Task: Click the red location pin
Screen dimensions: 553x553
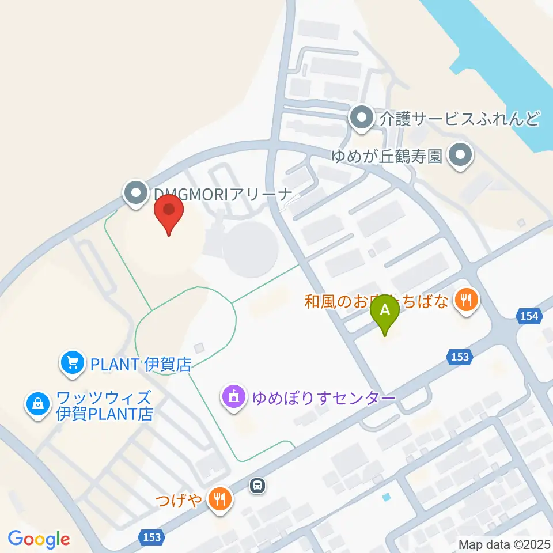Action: click(x=169, y=213)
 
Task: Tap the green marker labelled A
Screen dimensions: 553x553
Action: click(x=386, y=313)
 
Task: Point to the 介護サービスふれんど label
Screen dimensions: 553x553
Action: click(x=460, y=119)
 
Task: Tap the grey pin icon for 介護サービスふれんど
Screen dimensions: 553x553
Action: click(x=362, y=119)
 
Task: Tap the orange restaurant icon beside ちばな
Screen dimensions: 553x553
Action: click(x=467, y=300)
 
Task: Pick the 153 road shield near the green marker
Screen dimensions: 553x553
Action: click(x=460, y=357)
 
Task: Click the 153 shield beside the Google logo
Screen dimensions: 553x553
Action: click(x=151, y=536)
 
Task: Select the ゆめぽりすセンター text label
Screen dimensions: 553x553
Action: click(x=324, y=398)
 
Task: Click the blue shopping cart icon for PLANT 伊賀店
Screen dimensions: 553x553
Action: click(x=72, y=363)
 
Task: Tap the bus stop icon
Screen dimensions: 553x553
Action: click(x=257, y=486)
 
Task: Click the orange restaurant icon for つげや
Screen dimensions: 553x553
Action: click(x=219, y=499)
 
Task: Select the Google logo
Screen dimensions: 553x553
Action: click(x=39, y=539)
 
